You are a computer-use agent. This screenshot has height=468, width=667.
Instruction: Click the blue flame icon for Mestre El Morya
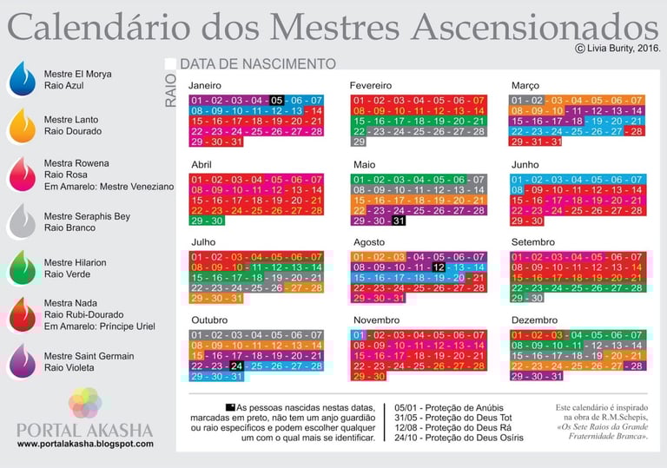tap(21, 79)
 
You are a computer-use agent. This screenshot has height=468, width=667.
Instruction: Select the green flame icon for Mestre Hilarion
tap(21, 267)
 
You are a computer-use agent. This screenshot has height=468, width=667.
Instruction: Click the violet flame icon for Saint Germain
tap(21, 361)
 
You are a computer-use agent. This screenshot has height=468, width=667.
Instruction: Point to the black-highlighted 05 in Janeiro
tap(276, 101)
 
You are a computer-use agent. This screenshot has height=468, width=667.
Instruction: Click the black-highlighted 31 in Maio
tap(399, 221)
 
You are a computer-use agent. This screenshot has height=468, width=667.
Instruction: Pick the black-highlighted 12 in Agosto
tap(439, 267)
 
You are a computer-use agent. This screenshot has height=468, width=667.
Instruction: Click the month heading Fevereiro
tap(371, 86)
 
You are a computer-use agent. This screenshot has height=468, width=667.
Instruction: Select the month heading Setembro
tap(532, 241)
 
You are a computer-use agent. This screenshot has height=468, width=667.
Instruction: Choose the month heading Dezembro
tap(535, 320)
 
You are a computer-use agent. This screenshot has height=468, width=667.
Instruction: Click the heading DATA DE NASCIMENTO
tap(258, 64)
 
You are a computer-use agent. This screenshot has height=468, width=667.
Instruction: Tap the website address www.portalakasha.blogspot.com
tap(85, 444)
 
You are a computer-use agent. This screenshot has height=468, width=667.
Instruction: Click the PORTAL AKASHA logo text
tap(85, 430)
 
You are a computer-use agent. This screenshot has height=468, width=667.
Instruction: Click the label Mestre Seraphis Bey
tap(87, 215)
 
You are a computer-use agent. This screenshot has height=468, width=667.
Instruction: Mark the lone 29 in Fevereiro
tap(359, 142)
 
